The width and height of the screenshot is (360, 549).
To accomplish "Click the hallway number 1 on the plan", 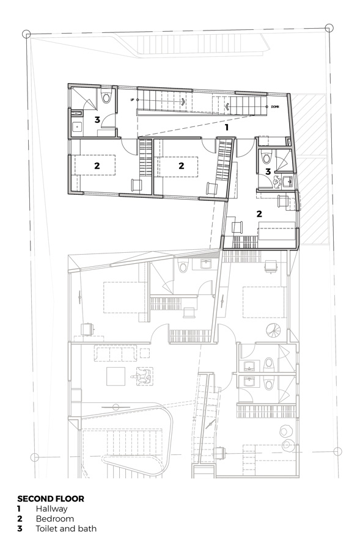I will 226,128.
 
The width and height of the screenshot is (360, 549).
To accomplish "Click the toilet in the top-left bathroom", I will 107,96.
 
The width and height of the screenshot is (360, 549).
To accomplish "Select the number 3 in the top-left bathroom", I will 97,120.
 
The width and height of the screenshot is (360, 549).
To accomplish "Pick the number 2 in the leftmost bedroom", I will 97,165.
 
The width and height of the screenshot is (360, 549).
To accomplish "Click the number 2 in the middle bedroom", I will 181,165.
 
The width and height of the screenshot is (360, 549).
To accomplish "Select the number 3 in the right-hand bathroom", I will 268,172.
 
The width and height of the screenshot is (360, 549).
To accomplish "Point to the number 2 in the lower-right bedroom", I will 259,214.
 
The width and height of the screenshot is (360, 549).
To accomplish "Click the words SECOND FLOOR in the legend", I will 51,498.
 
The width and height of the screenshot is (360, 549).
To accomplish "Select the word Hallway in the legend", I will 51,508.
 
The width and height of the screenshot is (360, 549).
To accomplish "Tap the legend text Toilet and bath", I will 66,529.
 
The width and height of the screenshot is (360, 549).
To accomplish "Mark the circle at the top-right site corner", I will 329,27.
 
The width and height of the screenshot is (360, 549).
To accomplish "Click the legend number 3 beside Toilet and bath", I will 20,529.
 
